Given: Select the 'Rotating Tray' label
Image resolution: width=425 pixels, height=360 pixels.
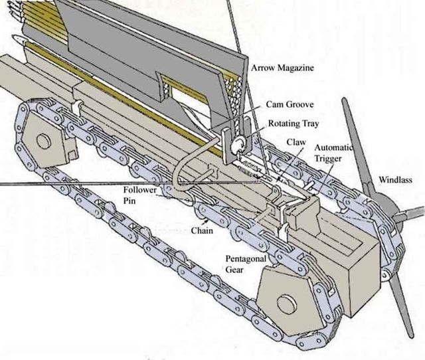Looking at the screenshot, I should click(x=292, y=124).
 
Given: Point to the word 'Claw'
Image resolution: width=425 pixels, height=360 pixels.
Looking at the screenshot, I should click(x=296, y=142).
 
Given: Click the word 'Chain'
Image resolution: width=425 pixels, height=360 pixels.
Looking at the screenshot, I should click(x=202, y=230).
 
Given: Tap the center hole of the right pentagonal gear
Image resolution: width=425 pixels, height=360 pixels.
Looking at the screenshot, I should click(x=286, y=304).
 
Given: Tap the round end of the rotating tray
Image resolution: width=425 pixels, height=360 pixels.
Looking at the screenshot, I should click(x=236, y=141).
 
